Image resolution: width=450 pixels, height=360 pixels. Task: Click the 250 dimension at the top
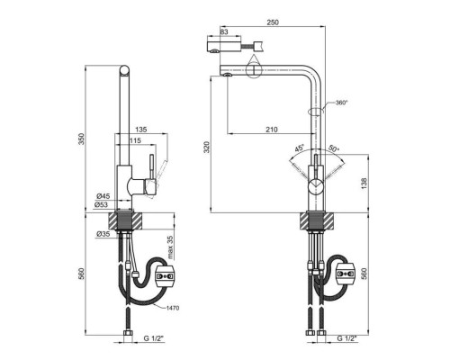pos(273,22)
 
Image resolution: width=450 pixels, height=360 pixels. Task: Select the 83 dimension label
pos(224,31)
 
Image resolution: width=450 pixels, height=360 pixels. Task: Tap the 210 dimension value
pos(272,130)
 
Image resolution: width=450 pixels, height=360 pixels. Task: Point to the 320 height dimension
pos(207,147)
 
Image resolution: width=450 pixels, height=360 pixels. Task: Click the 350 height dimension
pos(82,139)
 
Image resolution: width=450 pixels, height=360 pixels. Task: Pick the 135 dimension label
pos(141,130)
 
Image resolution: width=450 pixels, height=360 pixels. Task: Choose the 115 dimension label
pos(135,140)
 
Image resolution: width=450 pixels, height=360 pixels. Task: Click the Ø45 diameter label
pos(103,196)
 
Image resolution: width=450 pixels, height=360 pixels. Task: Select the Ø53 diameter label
pos(101,204)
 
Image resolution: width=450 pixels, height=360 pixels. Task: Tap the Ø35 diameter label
pos(103,234)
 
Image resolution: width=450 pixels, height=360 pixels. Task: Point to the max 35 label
pos(170,247)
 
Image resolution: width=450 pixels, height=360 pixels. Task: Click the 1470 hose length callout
pos(174,308)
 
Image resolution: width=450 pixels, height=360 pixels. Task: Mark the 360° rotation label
pos(341,103)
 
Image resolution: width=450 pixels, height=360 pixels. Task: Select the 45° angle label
pos(300,148)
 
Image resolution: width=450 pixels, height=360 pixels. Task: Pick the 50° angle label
pos(334,148)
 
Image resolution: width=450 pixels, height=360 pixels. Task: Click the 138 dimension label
pos(364,184)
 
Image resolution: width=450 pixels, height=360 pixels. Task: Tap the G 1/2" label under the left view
pos(154,338)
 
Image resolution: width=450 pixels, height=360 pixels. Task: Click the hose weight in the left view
pos(164,275)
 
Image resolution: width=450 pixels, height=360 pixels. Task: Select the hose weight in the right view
pos(346,274)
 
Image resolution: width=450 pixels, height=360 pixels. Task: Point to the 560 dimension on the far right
pos(364,274)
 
